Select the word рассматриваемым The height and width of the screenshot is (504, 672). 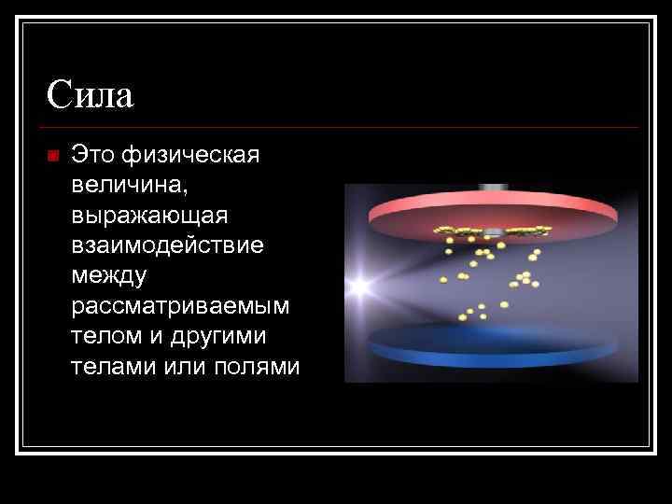[179, 306]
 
